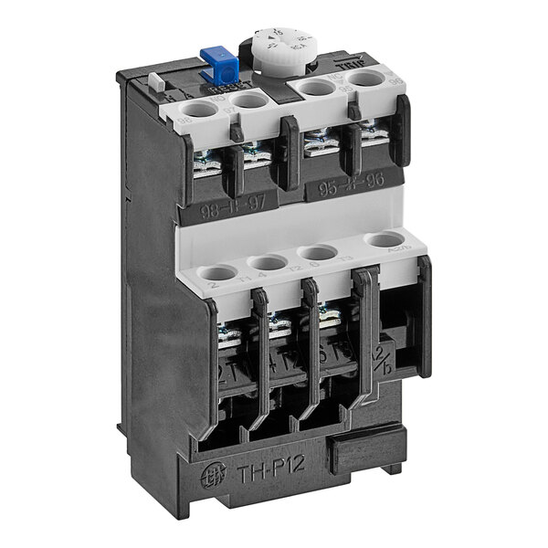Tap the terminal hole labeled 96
point(365,79)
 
